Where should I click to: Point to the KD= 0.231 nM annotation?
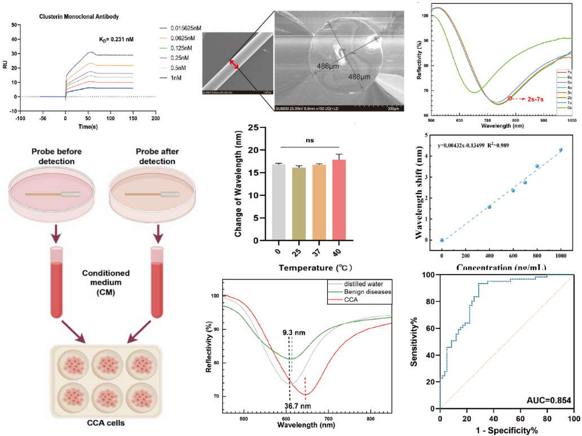117,39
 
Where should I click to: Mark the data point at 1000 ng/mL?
561,150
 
